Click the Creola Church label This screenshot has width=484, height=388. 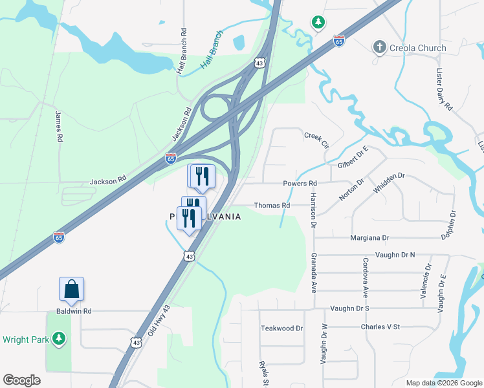417,48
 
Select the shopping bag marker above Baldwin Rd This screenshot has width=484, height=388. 72,289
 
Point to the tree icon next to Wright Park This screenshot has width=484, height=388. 59,338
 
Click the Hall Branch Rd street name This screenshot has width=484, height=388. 183,50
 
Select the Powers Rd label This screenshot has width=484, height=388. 300,184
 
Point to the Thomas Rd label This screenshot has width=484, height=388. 272,205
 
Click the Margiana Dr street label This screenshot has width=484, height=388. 369,238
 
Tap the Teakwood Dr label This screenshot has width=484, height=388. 281,329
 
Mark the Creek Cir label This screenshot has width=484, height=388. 317,139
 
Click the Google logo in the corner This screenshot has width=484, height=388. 22,380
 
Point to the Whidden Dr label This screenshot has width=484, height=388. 389,184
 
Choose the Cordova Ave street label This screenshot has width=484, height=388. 366,278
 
